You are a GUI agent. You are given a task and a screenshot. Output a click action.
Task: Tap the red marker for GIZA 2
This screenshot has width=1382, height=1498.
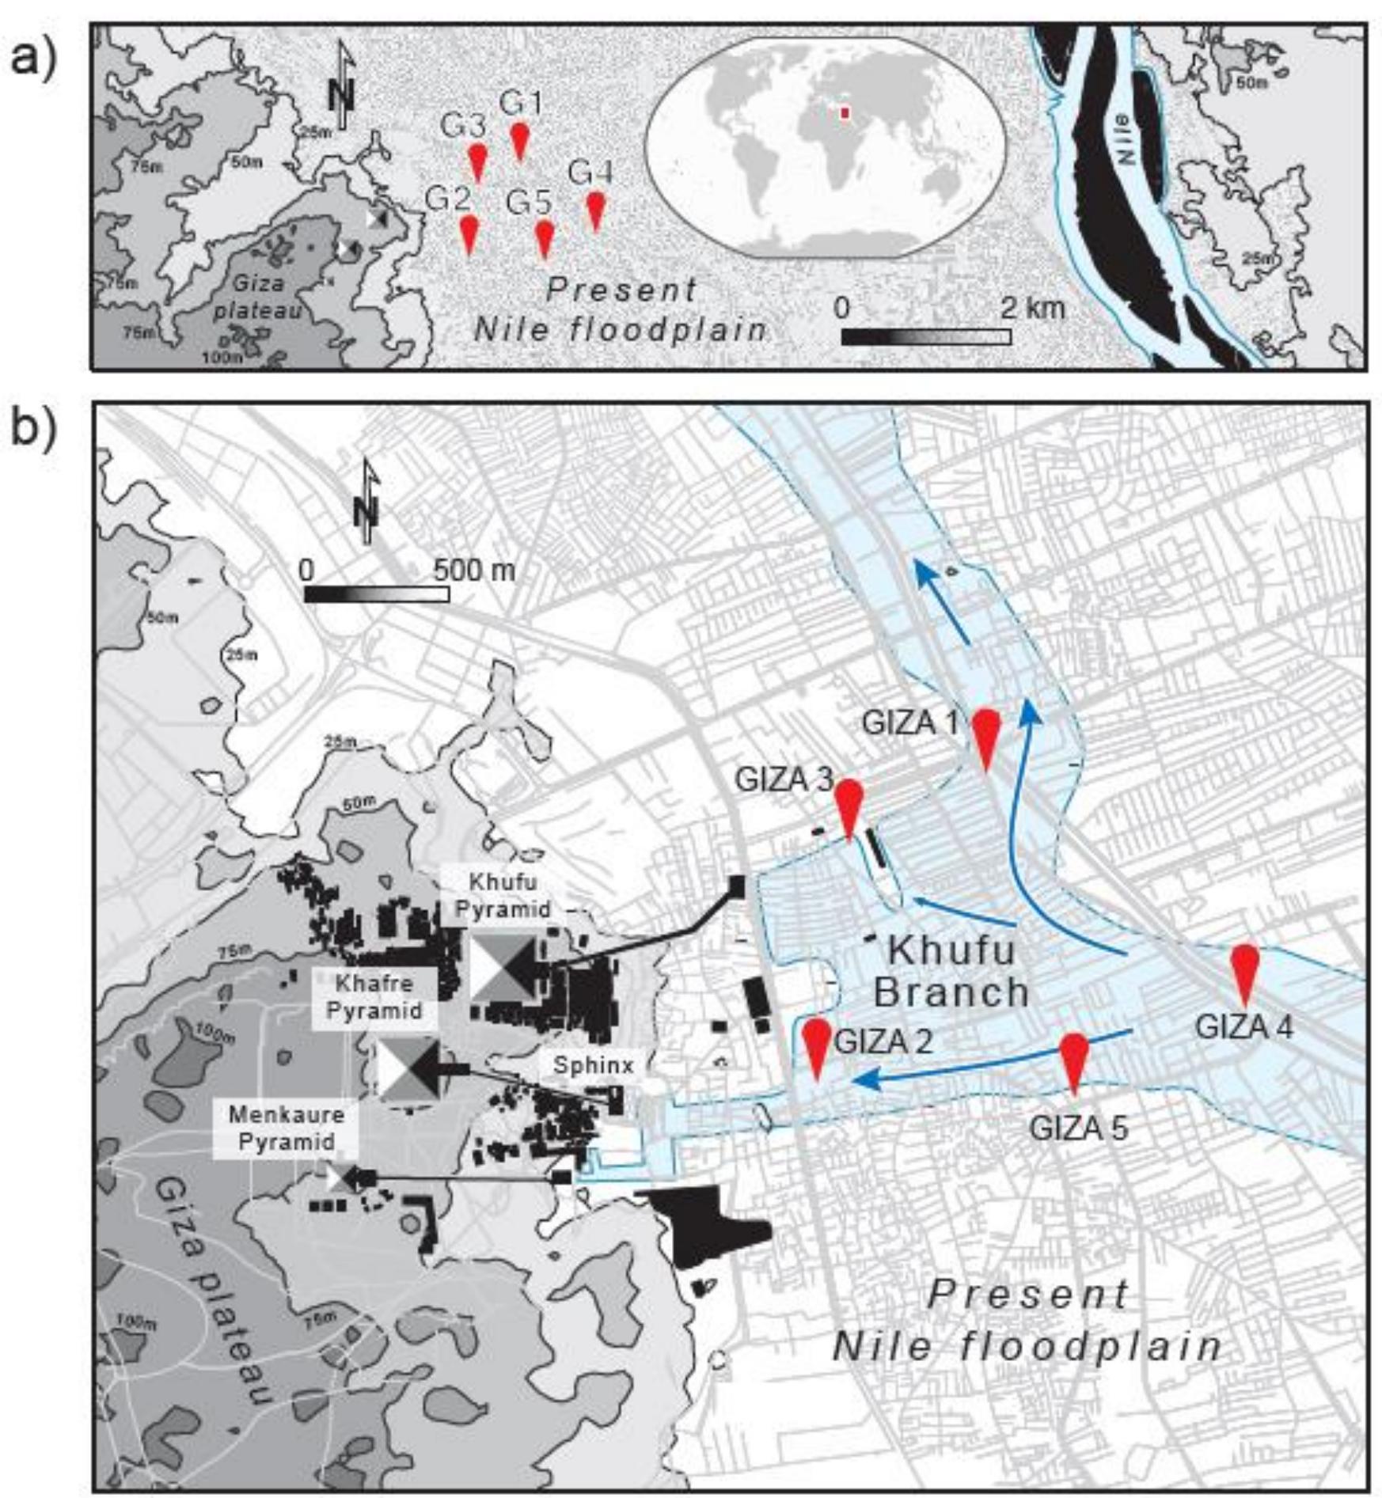pyautogui.click(x=817, y=1043)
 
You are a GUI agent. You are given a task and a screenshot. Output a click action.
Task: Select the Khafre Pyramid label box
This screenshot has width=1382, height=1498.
pyautogui.click(x=374, y=997)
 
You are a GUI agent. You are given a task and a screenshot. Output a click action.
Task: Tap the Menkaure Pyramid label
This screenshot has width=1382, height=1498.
pyautogui.click(x=287, y=1128)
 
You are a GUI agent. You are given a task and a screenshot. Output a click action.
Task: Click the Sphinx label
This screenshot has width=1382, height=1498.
pyautogui.click(x=594, y=1066)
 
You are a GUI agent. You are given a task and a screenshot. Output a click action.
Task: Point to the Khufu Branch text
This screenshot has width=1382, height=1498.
pyautogui.click(x=952, y=971)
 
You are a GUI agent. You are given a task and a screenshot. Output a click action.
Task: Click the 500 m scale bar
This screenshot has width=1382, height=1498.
pyautogui.click(x=377, y=594)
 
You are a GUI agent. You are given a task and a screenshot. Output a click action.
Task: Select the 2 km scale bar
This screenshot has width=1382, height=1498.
pyautogui.click(x=925, y=336)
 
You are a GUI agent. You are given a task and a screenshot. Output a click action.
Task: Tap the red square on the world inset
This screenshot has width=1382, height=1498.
pyautogui.click(x=845, y=114)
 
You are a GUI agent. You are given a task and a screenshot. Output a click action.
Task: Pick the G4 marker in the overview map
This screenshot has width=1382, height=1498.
pyautogui.click(x=595, y=208)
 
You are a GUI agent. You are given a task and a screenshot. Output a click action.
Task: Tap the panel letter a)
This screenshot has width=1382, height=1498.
pyautogui.click(x=33, y=59)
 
